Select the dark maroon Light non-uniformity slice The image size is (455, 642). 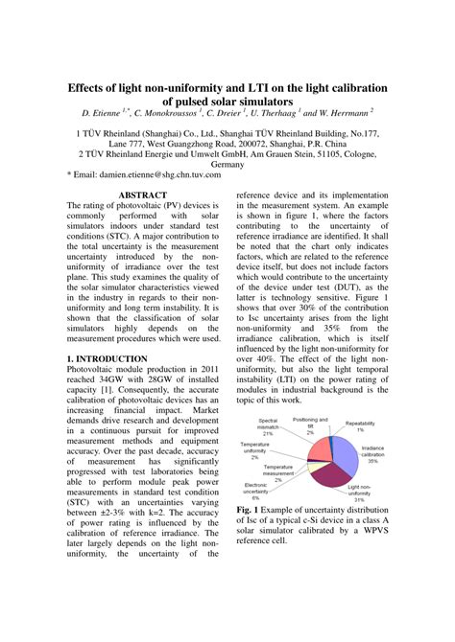tap(322, 477)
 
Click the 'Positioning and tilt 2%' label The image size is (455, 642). tap(311, 424)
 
